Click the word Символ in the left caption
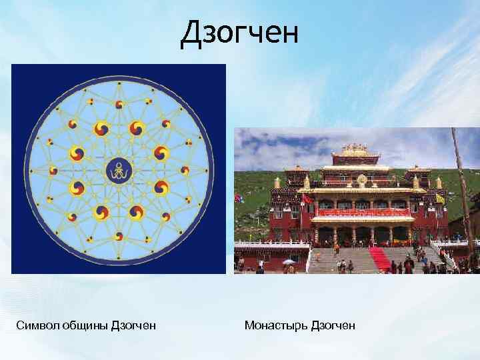[x=35, y=325]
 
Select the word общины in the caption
[x=82, y=325]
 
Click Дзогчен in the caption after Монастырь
[x=333, y=325]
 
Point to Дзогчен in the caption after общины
[x=133, y=325]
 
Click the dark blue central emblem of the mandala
[x=119, y=171]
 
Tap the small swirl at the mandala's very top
[x=119, y=104]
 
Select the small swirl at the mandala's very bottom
[x=119, y=237]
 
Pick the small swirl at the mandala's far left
[x=51, y=171]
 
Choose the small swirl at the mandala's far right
[x=186, y=171]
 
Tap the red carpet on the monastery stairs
[x=379, y=259]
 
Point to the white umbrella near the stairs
[x=289, y=262]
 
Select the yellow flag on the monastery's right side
[x=440, y=199]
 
